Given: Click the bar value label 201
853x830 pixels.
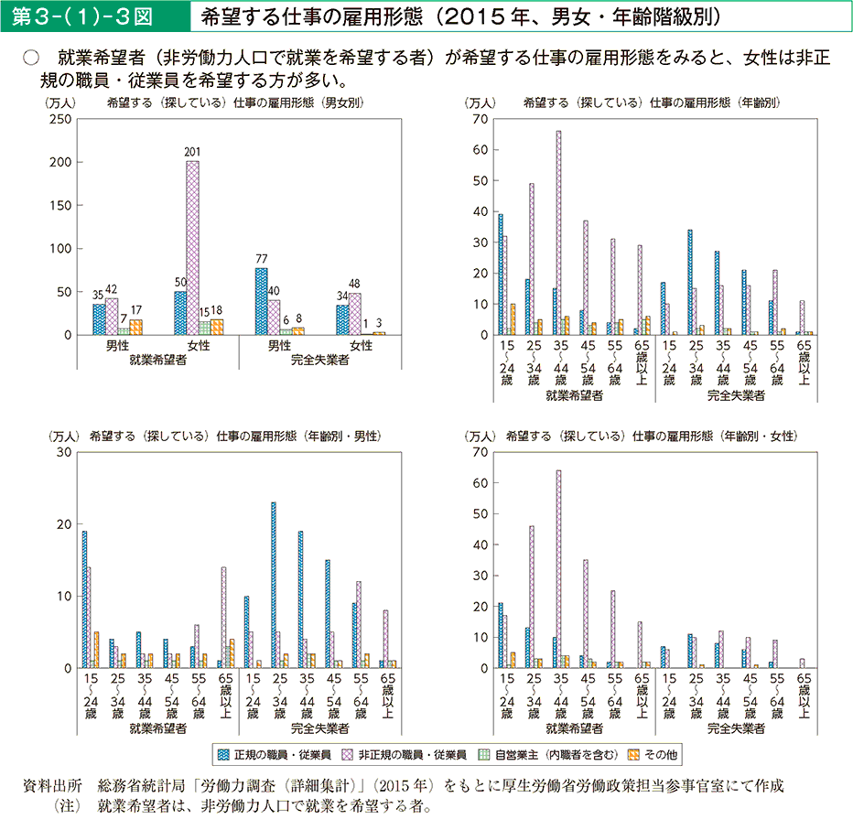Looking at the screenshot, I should pos(192,151).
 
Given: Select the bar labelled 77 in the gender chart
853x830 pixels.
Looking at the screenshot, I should pos(261,301).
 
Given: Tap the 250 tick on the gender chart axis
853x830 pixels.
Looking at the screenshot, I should pos(60,119).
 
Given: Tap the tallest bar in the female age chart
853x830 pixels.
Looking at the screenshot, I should pos(558,568).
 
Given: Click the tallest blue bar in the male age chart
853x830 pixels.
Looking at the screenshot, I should pos(274,585).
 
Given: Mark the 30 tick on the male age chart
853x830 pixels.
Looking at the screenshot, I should pos(64,452).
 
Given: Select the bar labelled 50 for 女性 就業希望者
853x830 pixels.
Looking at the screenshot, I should pos(179,313).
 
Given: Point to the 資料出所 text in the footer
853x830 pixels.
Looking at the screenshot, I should pos(57,786).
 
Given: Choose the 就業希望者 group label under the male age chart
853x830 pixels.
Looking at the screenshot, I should pos(158,728).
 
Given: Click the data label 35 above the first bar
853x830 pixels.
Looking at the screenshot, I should pos(98,294).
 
